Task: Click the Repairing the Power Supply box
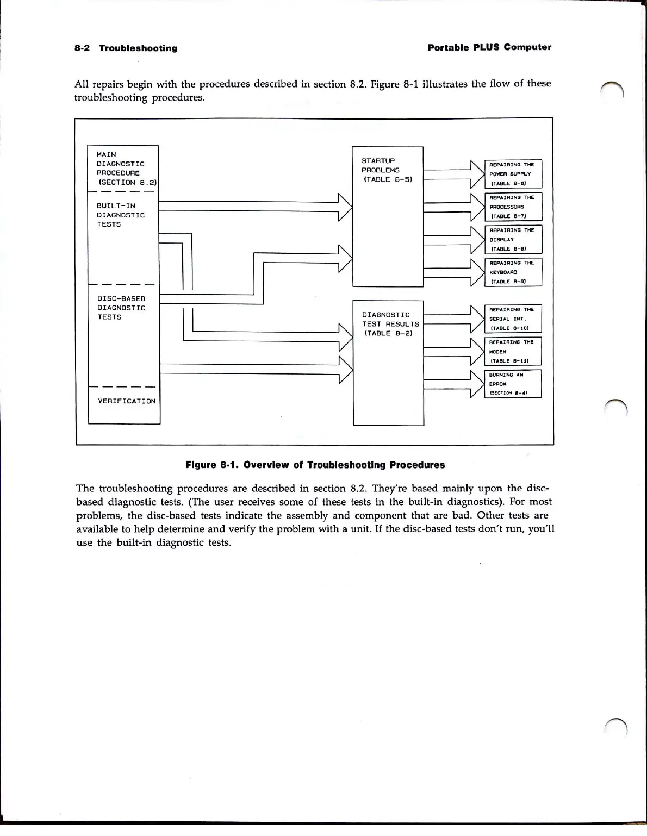[x=513, y=174]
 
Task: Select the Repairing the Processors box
[x=513, y=207]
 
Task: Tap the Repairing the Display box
[x=513, y=239]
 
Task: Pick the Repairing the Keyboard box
[x=513, y=272]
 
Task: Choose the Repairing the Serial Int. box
[x=513, y=319]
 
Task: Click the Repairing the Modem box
[x=513, y=351]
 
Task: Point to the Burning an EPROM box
[x=513, y=384]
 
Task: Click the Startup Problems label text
[x=387, y=170]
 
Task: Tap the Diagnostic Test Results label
[x=390, y=324]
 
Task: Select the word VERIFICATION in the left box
[x=127, y=401]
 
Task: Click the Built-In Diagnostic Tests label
[x=121, y=215]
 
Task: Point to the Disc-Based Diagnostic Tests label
[x=121, y=308]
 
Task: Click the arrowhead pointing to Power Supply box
[x=477, y=174]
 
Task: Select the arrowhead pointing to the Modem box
[x=477, y=351]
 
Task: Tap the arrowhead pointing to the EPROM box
[x=477, y=384]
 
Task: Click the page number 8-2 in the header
[x=82, y=48]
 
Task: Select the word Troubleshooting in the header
[x=138, y=48]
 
